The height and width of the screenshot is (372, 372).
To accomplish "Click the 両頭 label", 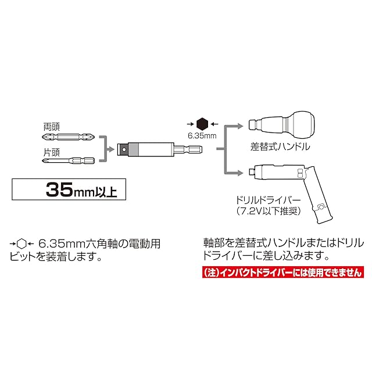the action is (52, 125).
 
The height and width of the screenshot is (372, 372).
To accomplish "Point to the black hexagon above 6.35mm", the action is (202, 123).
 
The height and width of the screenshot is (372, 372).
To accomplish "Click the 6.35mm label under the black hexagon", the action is (202, 137).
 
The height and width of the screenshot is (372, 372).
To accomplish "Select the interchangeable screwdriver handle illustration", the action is (281, 124).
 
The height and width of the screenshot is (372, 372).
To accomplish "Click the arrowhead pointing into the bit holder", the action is (109, 149).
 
